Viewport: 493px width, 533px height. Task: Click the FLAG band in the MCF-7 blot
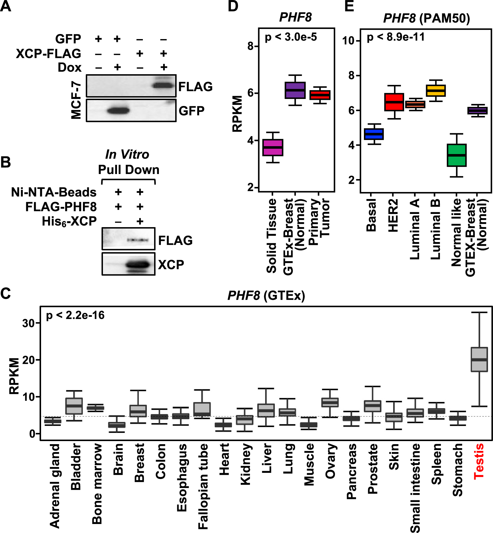point(163,85)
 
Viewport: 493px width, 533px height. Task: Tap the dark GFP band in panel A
point(118,110)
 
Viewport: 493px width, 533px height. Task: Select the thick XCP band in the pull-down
point(138,265)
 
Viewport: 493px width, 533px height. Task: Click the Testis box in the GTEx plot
point(479,360)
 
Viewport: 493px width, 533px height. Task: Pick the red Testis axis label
point(479,461)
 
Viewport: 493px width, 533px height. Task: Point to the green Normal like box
point(457,155)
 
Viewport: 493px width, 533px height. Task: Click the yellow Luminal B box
point(436,91)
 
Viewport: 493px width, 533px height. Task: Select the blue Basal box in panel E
point(374,134)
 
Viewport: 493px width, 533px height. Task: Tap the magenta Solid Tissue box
point(273,148)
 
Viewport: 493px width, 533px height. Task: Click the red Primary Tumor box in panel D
point(320,95)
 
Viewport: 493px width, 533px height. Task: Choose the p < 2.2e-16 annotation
point(75,315)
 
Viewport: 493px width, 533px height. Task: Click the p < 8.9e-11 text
point(395,37)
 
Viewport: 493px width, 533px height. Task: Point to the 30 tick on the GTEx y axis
point(28,323)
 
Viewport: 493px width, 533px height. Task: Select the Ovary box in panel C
point(330,403)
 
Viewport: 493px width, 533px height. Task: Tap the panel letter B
point(6,162)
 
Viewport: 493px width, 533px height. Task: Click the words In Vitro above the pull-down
point(127,154)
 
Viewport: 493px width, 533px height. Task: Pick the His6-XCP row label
point(69,222)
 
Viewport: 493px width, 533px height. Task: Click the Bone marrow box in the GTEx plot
point(95,408)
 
